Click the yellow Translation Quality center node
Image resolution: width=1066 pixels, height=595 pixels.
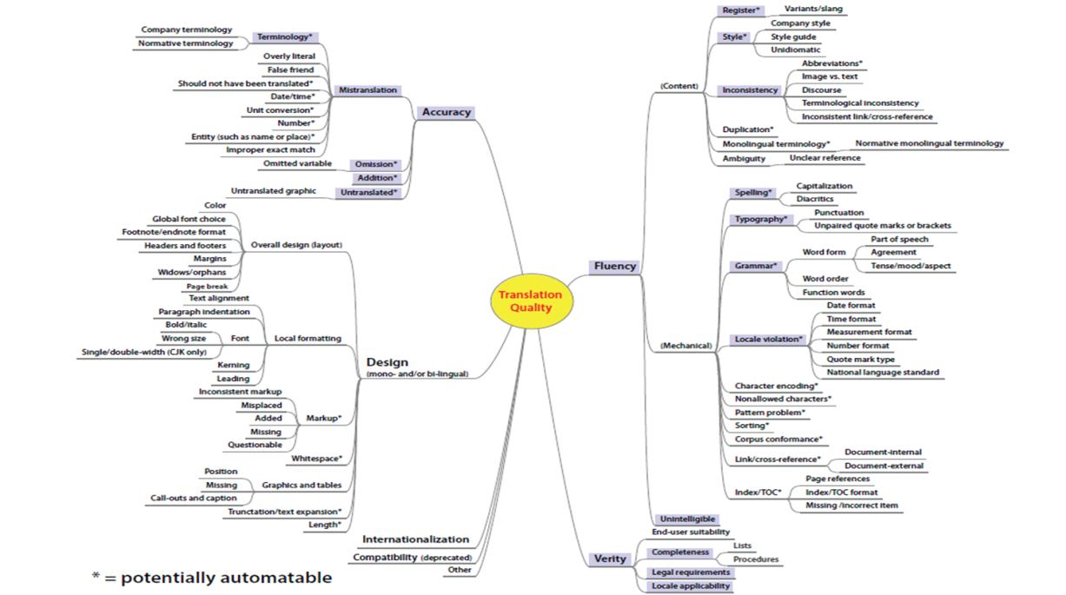530,301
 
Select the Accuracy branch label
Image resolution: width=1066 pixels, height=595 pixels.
446,112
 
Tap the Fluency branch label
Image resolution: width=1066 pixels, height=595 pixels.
614,267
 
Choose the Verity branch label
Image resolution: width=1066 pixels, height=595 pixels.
610,559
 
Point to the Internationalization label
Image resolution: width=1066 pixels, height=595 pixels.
415,539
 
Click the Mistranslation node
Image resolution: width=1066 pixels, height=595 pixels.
368,90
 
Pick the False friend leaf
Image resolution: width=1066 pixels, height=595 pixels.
290,70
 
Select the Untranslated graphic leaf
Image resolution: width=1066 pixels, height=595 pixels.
273,190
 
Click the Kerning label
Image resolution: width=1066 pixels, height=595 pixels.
233,366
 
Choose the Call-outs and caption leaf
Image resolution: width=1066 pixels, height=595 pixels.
193,499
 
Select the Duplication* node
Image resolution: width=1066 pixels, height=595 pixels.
748,130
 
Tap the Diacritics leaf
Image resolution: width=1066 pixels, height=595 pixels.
815,199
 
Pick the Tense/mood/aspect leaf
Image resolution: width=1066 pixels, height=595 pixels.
910,266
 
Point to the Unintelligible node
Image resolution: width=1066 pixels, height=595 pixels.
687,519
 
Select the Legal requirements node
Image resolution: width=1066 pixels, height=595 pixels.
691,572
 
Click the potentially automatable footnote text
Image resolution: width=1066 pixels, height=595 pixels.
212,578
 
